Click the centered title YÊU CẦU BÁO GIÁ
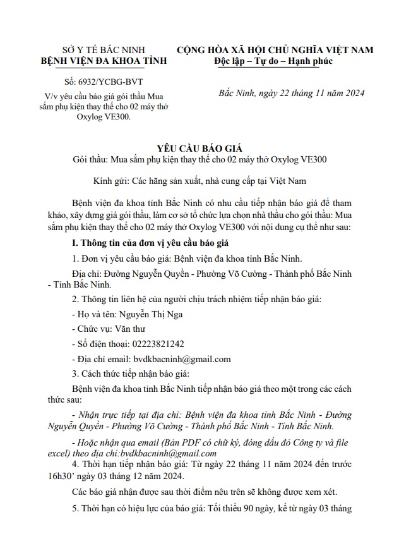(199, 145)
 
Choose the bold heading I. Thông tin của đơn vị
(164, 243)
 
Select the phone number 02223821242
(155, 344)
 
